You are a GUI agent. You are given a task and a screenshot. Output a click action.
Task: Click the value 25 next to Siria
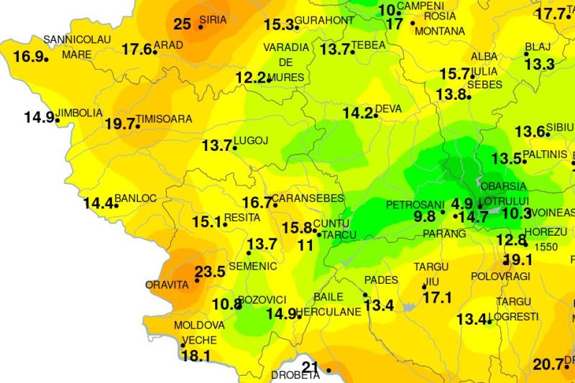(183, 24)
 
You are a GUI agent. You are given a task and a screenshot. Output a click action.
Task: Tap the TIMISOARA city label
(165, 119)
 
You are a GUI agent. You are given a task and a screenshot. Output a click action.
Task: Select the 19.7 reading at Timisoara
(120, 124)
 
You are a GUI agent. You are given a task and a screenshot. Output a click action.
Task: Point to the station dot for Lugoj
(234, 148)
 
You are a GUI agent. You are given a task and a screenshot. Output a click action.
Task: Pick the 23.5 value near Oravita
(211, 272)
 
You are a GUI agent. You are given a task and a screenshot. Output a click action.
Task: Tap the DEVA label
(389, 109)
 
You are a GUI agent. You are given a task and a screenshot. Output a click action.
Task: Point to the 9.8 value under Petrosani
(425, 216)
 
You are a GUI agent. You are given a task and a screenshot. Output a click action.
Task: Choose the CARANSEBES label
(310, 198)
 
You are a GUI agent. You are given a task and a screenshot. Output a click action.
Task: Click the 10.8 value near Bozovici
(227, 304)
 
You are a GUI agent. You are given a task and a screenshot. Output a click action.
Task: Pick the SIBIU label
(561, 127)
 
